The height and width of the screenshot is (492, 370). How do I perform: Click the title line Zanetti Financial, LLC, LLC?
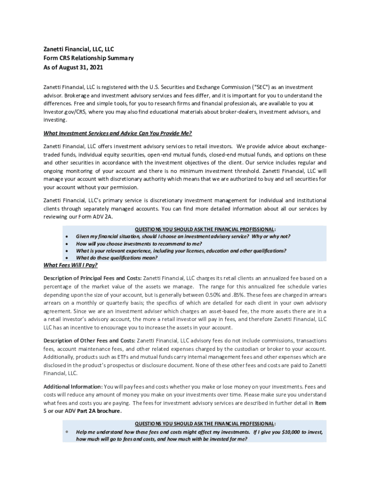pyautogui.click(x=79, y=49)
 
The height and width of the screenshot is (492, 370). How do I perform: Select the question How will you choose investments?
pyautogui.click(x=139, y=244)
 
